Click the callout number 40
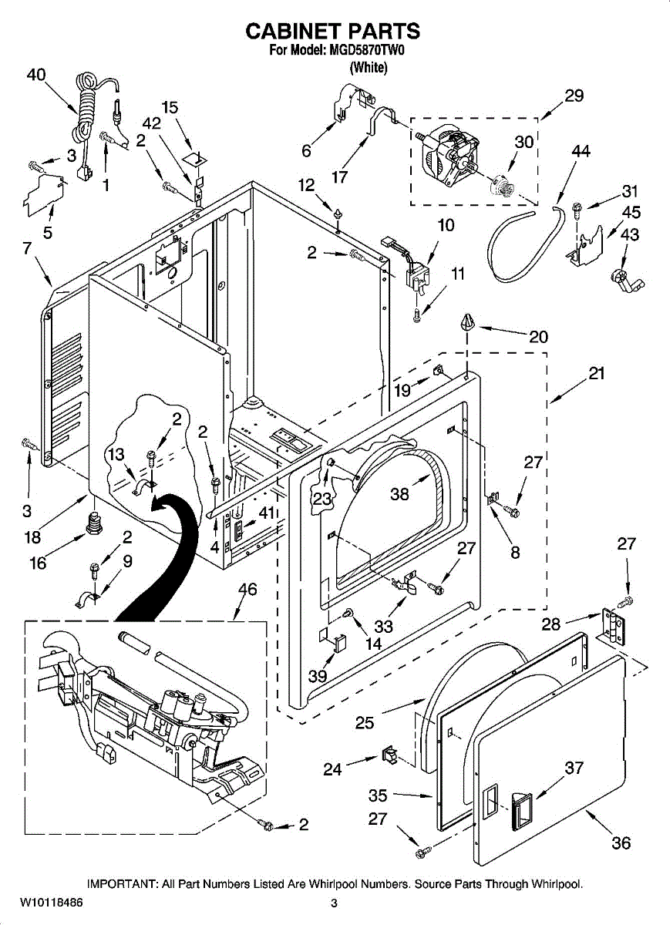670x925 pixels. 36,76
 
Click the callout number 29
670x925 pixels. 574,96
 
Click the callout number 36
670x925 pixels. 621,843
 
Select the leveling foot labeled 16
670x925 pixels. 94,523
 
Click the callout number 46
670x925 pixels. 247,589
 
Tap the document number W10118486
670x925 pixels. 51,902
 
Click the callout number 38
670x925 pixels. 399,494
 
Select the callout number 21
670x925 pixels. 596,374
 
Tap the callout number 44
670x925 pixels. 581,152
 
